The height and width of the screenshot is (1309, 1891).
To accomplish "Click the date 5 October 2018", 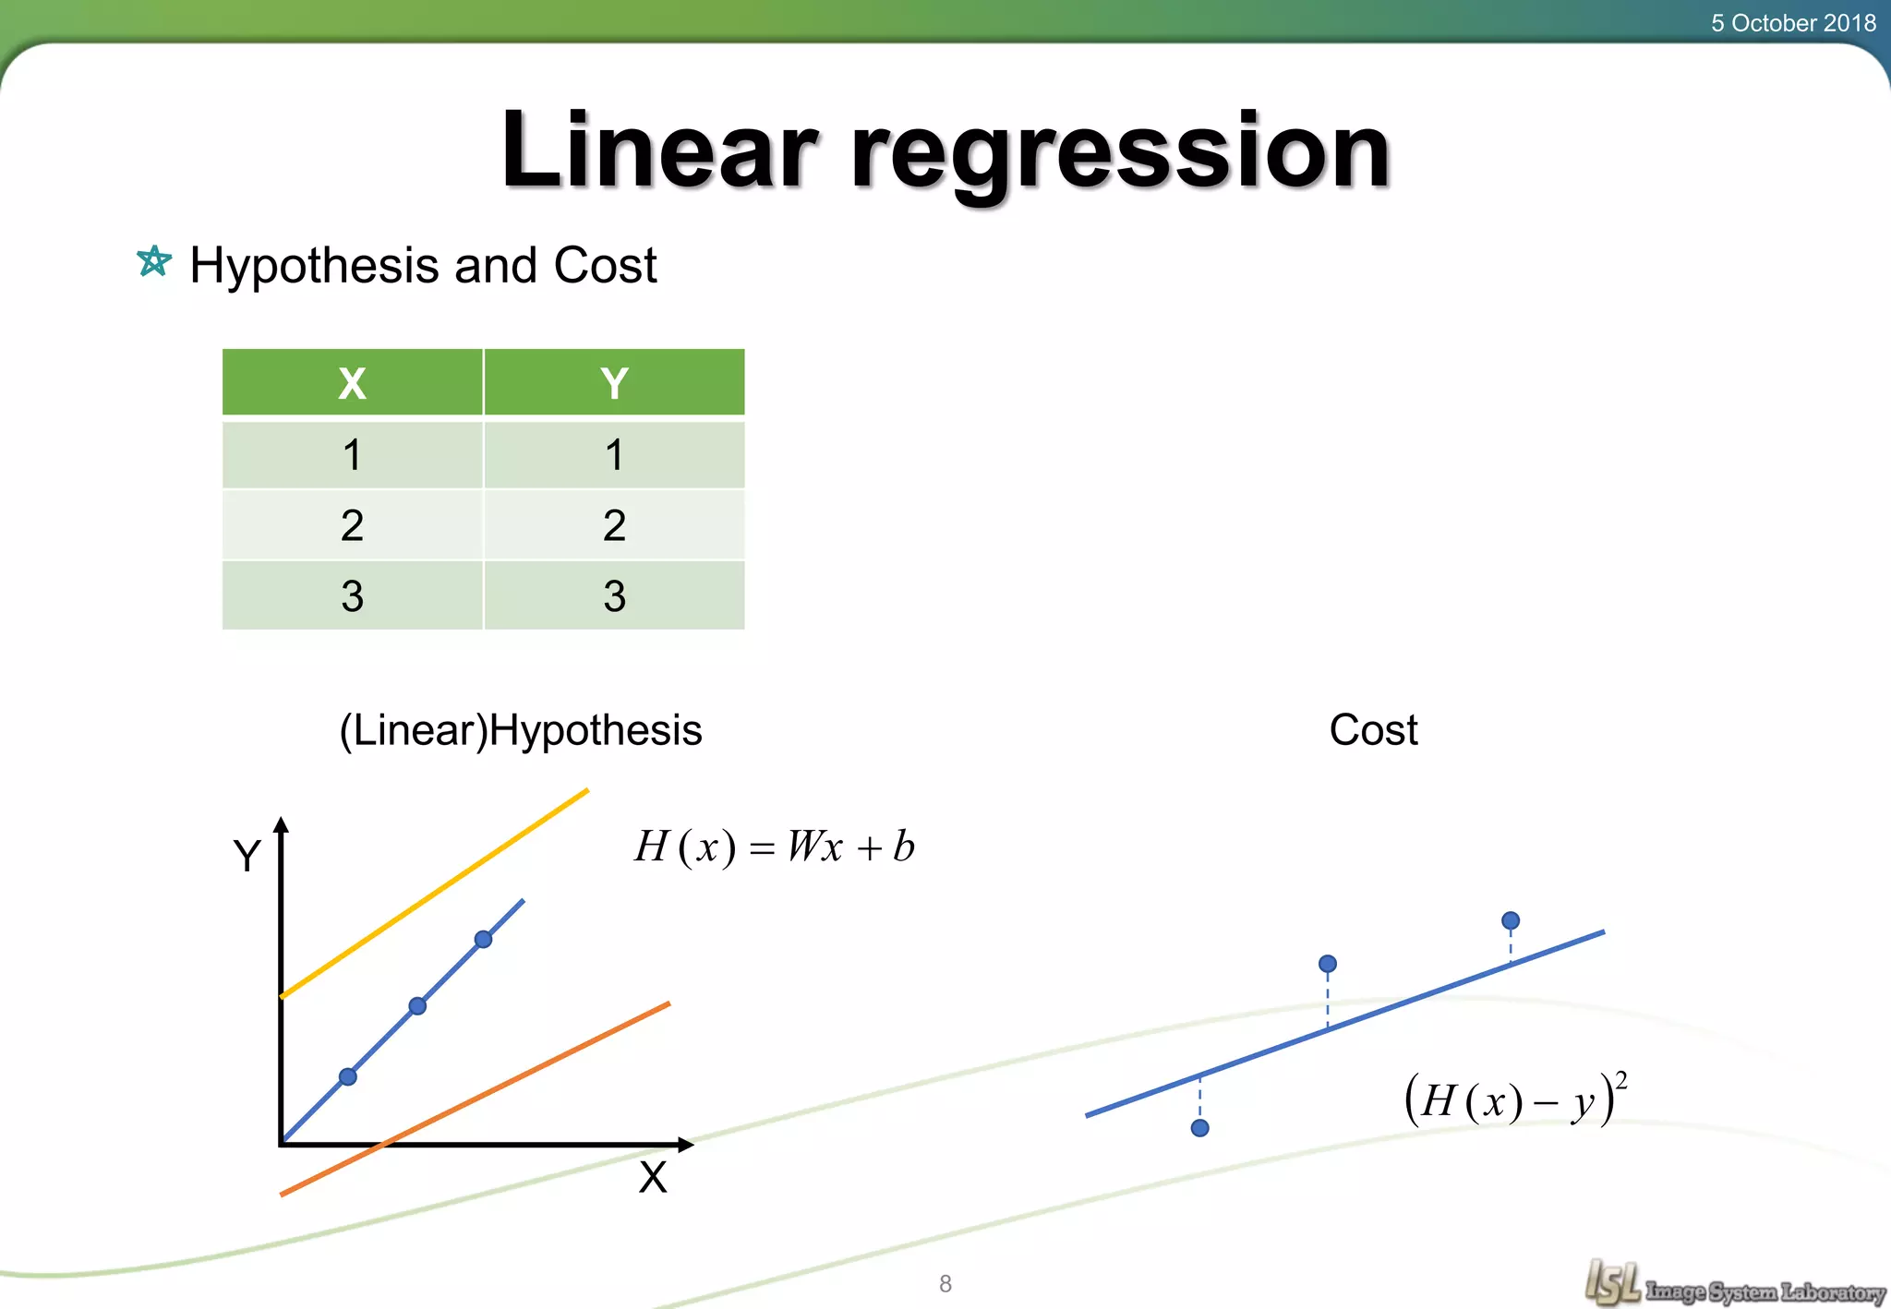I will coord(1792,22).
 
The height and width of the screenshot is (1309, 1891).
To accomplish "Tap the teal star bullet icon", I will coord(154,261).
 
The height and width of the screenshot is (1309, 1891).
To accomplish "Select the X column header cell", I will coord(352,383).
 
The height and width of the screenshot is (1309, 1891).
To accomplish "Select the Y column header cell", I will coord(614,383).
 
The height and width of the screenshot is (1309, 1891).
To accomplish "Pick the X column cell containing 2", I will coord(352,525).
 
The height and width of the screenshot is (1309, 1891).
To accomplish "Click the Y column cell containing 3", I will coord(614,595).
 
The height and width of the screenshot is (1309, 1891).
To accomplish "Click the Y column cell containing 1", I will coord(614,454).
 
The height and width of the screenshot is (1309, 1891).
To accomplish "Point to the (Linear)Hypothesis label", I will coord(521,730).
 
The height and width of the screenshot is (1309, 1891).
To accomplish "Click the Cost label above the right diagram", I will coord(1373,730).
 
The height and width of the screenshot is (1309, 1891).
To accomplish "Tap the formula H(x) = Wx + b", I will coord(774,846).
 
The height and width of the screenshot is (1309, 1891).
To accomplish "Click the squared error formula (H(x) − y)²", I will coord(1515,1099).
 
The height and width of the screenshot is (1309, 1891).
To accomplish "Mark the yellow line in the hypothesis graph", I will coord(434,893).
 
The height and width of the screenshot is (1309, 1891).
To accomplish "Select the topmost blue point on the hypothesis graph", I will coord(483,940).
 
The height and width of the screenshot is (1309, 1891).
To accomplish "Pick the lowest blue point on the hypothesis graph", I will coord(348,1076).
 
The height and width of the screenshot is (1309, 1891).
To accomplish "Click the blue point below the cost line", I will coord(1200,1128).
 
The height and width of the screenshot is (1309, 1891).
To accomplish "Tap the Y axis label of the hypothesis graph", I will coord(247,856).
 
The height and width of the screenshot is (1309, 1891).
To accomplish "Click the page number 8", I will coord(945,1283).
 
